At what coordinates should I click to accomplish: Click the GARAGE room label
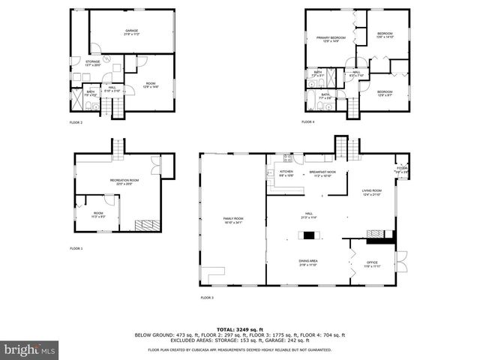click(131, 32)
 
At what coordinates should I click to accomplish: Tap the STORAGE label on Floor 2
click(92, 63)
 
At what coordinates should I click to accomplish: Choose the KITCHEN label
click(286, 173)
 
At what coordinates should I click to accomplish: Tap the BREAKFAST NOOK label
click(322, 173)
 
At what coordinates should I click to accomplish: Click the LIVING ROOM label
click(372, 193)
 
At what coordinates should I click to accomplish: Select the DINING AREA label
click(308, 262)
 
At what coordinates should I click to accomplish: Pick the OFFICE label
click(373, 264)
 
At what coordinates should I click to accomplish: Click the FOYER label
click(401, 169)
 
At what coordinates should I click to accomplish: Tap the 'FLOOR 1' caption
click(76, 248)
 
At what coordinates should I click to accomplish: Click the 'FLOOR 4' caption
click(308, 121)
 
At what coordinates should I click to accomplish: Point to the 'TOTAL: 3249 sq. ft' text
click(239, 329)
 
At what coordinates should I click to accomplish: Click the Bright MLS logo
click(28, 349)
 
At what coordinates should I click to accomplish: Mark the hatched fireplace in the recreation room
click(144, 224)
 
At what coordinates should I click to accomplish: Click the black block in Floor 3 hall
click(308, 235)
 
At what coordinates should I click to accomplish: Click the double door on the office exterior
click(400, 262)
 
